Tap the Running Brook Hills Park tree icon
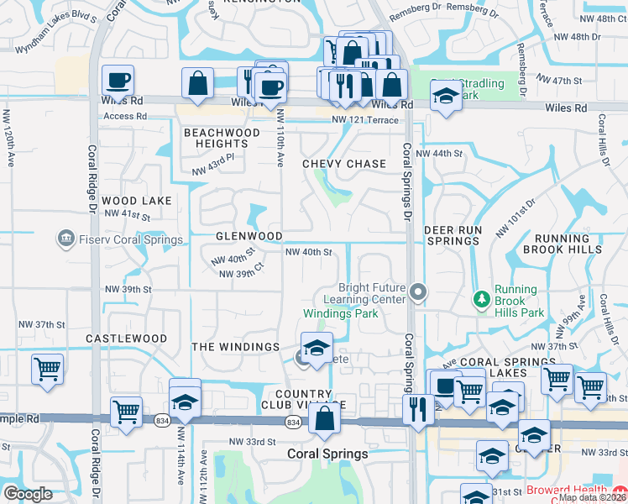click(x=482, y=299)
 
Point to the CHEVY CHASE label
click(x=344, y=164)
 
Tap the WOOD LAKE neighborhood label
click(x=137, y=201)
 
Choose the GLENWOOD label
click(x=249, y=237)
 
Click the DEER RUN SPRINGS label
click(x=454, y=235)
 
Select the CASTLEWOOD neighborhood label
click(x=126, y=339)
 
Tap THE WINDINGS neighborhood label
click(x=235, y=346)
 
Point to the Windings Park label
click(x=340, y=313)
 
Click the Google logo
click(x=28, y=494)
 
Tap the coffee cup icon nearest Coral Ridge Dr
click(x=118, y=81)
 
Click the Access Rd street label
click(x=119, y=117)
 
